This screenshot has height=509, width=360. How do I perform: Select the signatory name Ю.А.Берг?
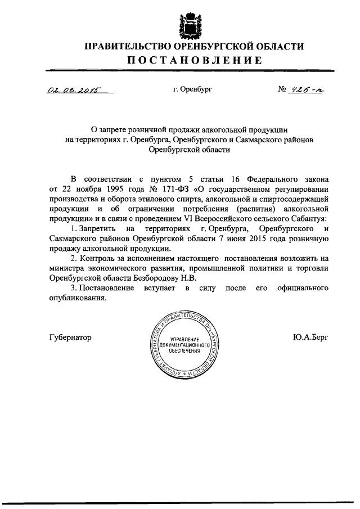click(x=309, y=337)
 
